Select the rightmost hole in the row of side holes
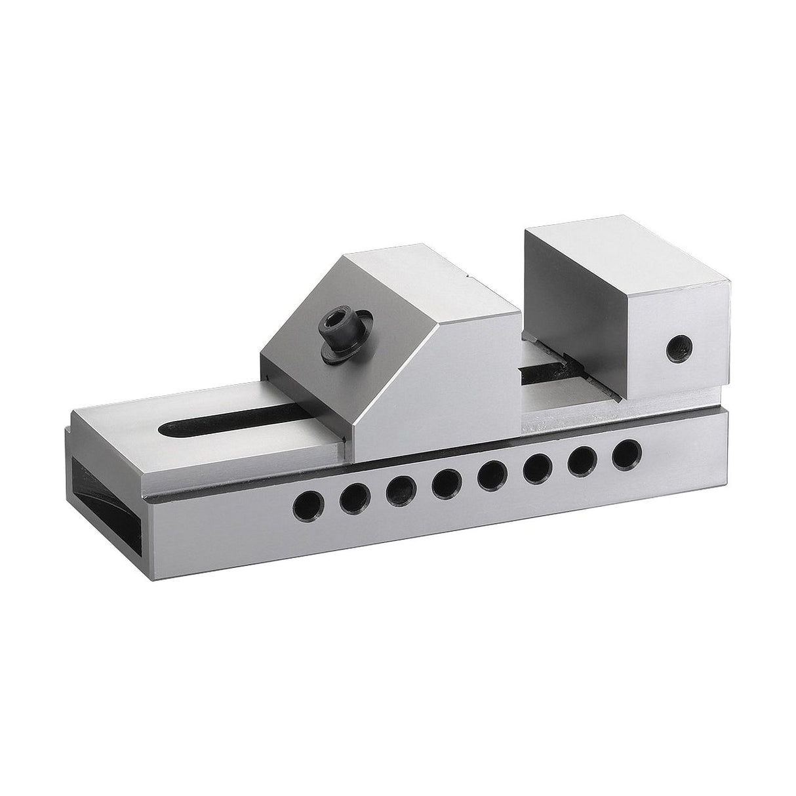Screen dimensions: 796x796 click(x=626, y=453)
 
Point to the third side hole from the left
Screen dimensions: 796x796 click(x=400, y=490)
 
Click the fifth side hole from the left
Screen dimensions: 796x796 click(x=492, y=475)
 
